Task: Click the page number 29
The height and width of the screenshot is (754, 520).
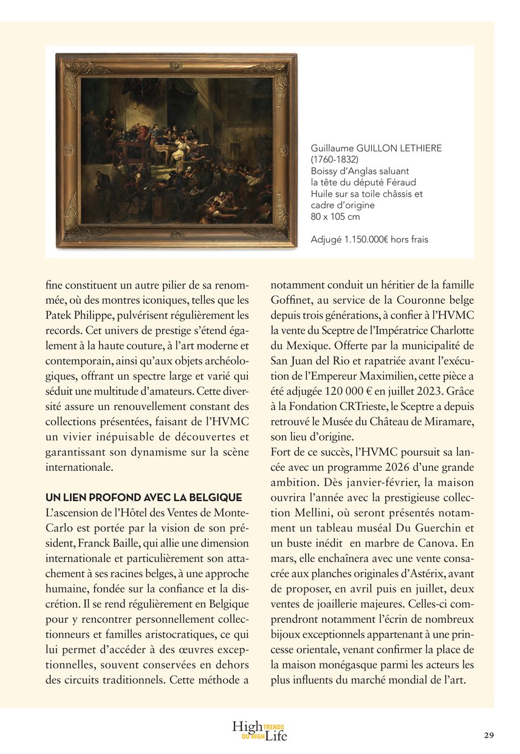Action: [489, 735]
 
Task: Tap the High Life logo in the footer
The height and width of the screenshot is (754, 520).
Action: [259, 731]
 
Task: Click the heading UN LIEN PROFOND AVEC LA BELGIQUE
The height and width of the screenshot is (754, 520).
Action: [144, 497]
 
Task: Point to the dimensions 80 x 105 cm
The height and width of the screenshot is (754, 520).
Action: [335, 216]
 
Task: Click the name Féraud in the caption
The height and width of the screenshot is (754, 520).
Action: [399, 182]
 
